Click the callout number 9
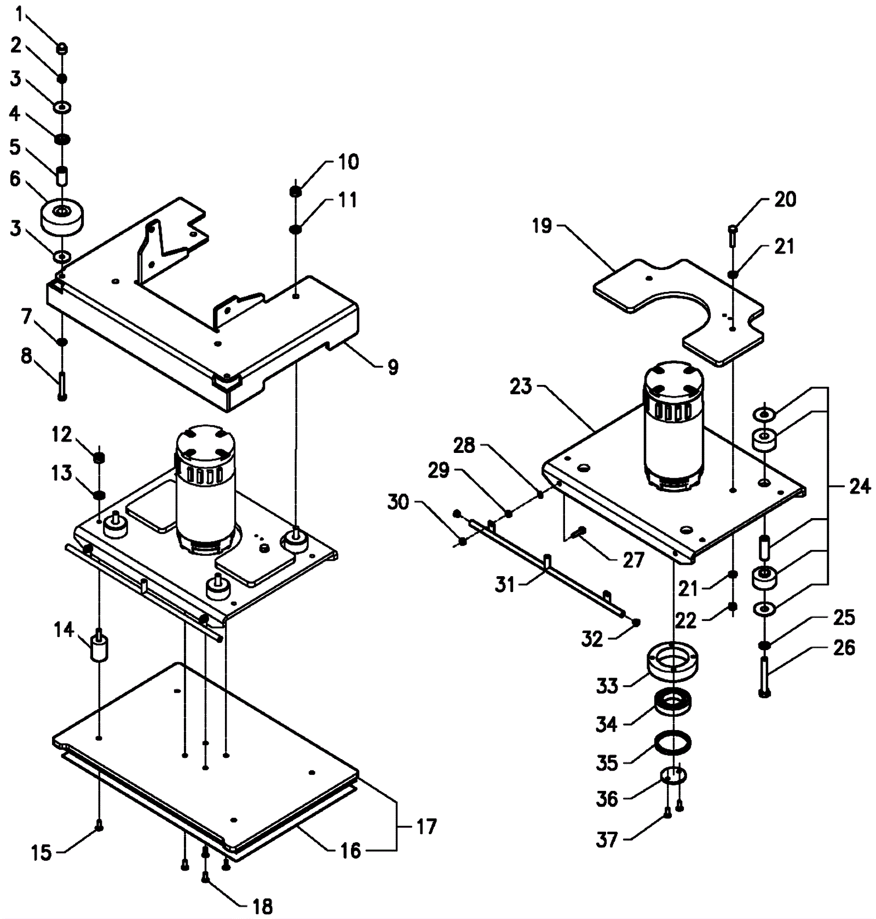[x=393, y=367]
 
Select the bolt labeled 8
[x=62, y=386]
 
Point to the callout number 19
[x=542, y=226]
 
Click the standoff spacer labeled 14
[x=99, y=646]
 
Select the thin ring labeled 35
[x=673, y=743]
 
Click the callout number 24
[x=859, y=486]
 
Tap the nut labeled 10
[x=295, y=191]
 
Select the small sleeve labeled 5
[x=62, y=176]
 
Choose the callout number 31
[x=505, y=585]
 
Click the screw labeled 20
[x=733, y=236]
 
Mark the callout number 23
[x=521, y=387]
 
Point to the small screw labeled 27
[x=579, y=531]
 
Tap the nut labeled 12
[x=99, y=457]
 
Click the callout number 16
[x=350, y=851]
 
